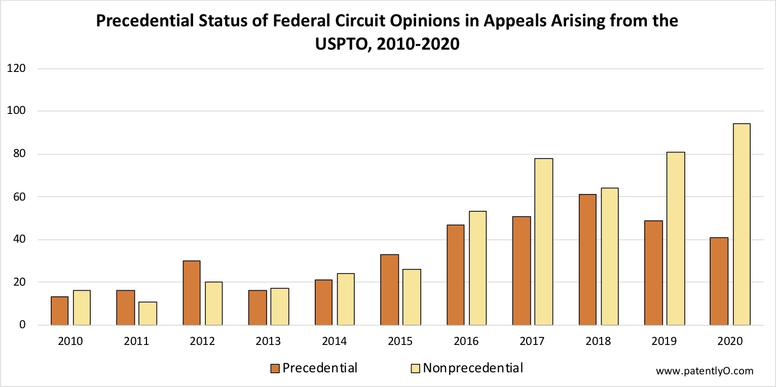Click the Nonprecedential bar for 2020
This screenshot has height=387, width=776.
click(x=742, y=224)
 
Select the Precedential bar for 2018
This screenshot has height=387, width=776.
click(x=587, y=259)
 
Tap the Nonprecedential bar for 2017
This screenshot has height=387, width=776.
click(x=543, y=242)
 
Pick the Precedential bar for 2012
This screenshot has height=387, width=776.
click(x=192, y=293)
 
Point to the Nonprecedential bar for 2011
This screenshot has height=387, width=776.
click(x=148, y=314)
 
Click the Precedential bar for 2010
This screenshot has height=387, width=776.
click(x=60, y=311)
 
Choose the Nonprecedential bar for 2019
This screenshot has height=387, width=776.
click(x=676, y=239)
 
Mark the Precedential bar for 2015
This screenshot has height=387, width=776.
click(x=389, y=290)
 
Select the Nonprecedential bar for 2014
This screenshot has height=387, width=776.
click(x=346, y=299)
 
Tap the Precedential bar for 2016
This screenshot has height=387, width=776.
click(x=455, y=275)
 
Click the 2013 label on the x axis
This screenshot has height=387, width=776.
click(x=269, y=341)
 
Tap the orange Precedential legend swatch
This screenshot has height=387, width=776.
click(x=276, y=368)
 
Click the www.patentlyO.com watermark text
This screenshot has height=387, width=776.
click(x=705, y=371)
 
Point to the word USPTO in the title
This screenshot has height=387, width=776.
click(x=342, y=44)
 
